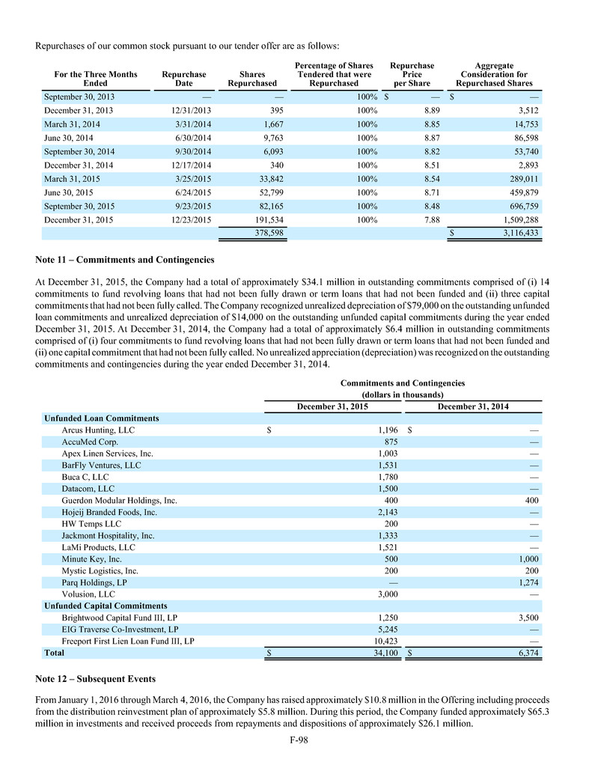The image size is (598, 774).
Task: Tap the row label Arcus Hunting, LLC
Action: click(99, 430)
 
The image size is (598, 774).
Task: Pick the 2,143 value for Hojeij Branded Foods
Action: click(386, 512)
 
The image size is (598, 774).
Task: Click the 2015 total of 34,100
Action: click(383, 653)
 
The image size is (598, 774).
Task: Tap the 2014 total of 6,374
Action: click(527, 653)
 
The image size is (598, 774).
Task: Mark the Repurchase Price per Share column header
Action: click(412, 75)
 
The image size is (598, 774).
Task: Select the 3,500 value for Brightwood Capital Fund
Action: click(527, 617)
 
